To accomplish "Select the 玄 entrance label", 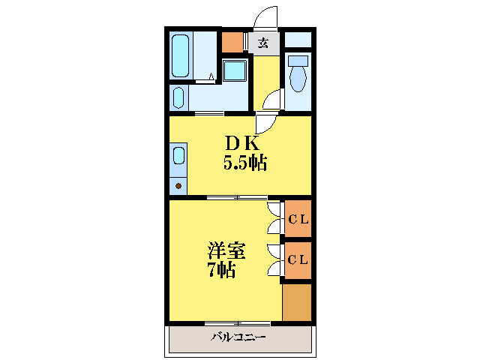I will click(x=263, y=43).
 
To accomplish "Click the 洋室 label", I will click(x=226, y=250).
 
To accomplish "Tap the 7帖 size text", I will click(x=221, y=270).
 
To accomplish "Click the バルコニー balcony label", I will click(x=238, y=337).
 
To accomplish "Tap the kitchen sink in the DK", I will click(x=178, y=156).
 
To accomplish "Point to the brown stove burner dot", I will click(x=178, y=184).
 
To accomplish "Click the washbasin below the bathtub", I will click(x=178, y=97).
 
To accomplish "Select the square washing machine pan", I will click(x=235, y=71).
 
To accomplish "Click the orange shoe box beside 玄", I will click(x=233, y=43).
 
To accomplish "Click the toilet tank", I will click(x=298, y=61).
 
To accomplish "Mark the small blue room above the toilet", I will click(x=298, y=39).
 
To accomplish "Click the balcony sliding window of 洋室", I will click(x=237, y=323).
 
